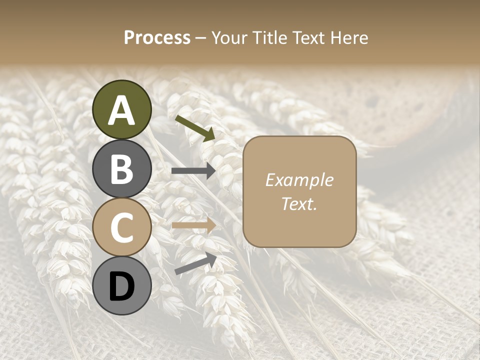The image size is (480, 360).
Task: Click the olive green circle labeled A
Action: click(122, 109)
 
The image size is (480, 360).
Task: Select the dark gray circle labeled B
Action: click(122, 168)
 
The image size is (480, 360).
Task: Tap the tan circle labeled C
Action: click(122, 227)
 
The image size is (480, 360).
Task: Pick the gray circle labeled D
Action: click(122, 286)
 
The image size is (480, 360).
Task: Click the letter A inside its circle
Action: click(122, 110)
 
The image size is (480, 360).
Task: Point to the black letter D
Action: click(122, 287)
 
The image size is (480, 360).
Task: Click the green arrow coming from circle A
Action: click(195, 128)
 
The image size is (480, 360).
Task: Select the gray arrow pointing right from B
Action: click(193, 171)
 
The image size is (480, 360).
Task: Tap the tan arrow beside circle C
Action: click(193, 225)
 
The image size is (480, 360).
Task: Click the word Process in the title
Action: click(157, 37)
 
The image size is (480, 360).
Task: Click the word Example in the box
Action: click(299, 180)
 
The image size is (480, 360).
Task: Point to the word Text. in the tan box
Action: click(299, 203)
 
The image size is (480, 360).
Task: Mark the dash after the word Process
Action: click(201, 38)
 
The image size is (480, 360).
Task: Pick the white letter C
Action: click(122, 228)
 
